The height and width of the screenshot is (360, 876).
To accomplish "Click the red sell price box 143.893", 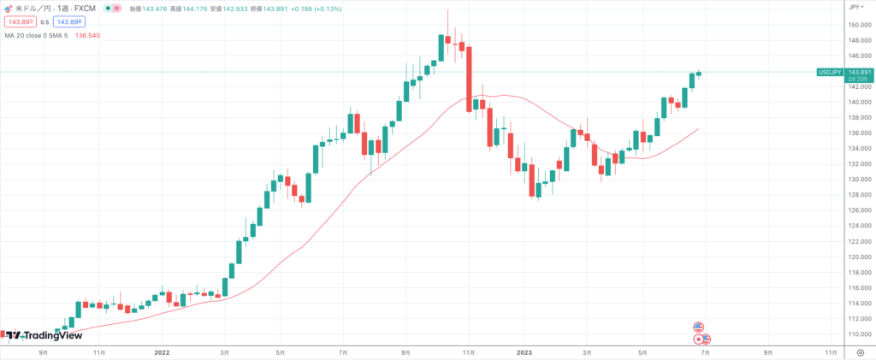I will pos(21,21).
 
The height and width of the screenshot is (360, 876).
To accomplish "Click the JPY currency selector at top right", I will pos(854,7).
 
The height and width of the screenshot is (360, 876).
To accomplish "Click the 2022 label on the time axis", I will pos(163,351).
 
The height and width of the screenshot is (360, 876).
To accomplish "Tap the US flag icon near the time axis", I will pos(698,328).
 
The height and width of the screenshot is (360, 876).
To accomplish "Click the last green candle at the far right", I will pos(699,74).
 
